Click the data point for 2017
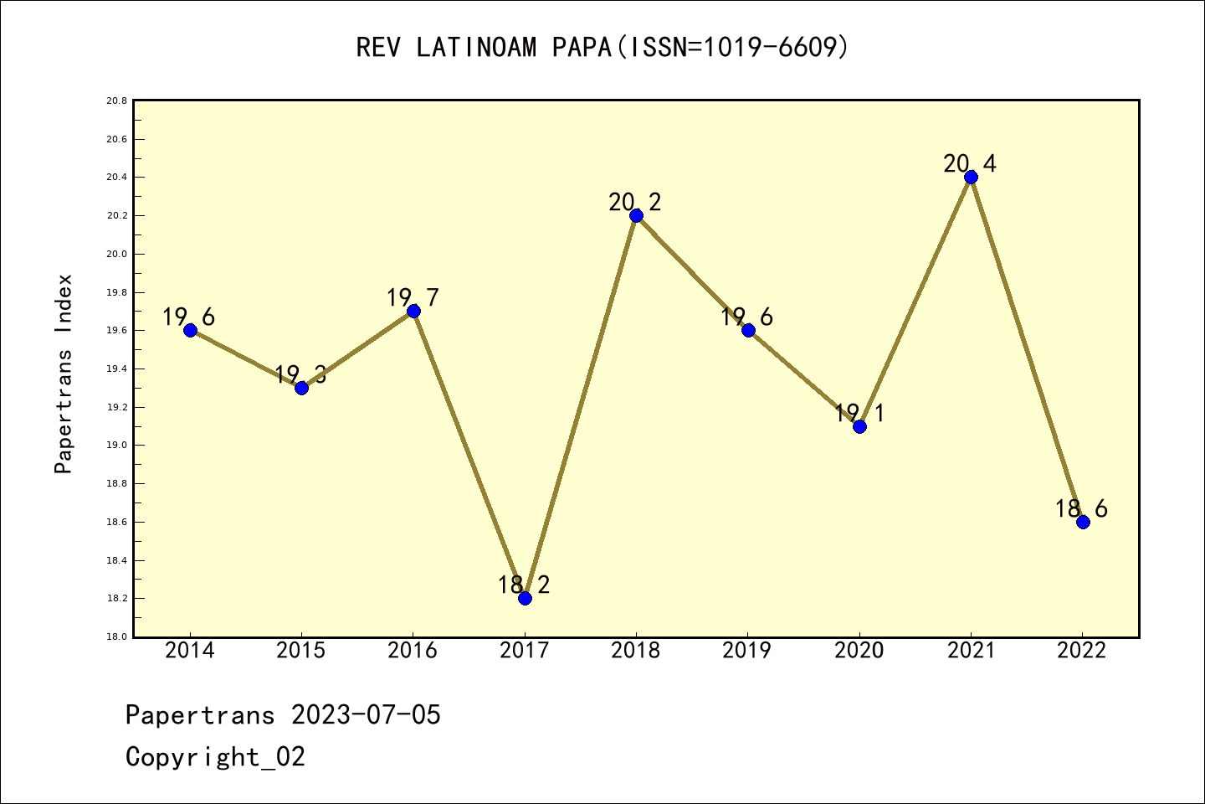click(525, 598)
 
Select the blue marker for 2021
click(971, 177)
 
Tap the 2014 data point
click(190, 330)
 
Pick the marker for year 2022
click(1083, 522)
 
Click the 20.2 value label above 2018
click(635, 202)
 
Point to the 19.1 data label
click(859, 413)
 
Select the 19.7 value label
click(413, 297)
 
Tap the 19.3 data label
click(300, 374)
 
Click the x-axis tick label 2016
click(413, 651)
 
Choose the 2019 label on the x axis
click(747, 651)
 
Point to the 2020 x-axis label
click(859, 651)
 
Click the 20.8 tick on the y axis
click(116, 101)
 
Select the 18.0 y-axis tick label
click(116, 637)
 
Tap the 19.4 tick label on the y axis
click(116, 369)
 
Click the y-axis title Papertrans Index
click(64, 374)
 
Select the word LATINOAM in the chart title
click(476, 48)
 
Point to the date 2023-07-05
click(366, 715)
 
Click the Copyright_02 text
click(215, 757)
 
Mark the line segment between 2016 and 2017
click(469, 454)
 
